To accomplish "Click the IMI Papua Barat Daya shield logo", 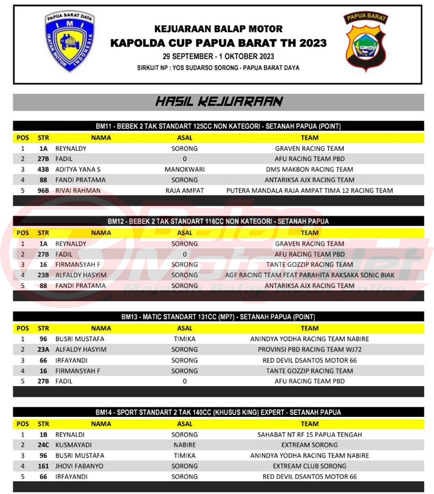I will point(70,41).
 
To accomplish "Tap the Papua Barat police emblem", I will point(366,42).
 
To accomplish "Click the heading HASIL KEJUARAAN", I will point(219,102).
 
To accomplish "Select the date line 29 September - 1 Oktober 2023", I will point(218,56).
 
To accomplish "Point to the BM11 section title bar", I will point(218,126).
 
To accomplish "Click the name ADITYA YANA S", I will point(78,169).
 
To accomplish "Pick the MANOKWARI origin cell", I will point(184,169).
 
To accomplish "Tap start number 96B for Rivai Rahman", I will point(43,190).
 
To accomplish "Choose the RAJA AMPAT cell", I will point(184,190).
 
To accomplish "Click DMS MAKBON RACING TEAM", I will point(310,169).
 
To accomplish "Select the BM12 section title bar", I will point(218,221).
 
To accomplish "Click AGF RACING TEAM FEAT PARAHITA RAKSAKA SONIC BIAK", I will point(310,275).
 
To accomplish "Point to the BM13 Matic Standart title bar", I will point(218,317).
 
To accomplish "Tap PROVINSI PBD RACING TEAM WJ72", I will point(310,350).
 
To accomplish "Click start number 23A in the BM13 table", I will point(43,350).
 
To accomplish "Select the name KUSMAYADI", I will point(73,445).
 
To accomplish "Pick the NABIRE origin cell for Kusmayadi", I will point(184,445).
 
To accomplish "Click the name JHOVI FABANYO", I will point(79,466).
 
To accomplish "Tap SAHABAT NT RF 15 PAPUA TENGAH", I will point(310,435).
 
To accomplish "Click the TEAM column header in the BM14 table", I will point(310,424).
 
